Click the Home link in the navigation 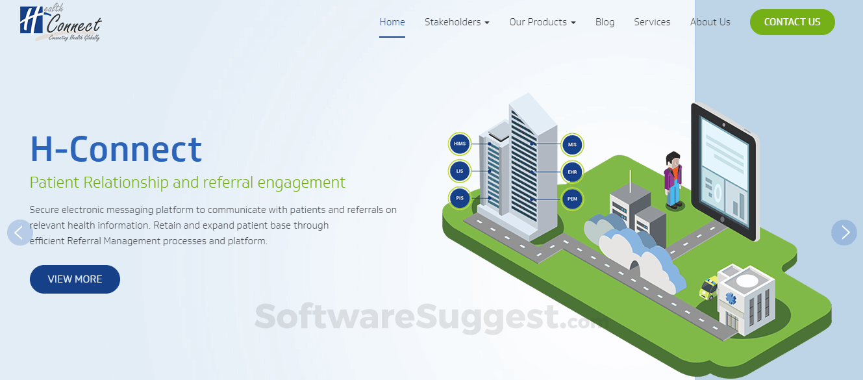pyautogui.click(x=392, y=22)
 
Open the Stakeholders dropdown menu pyautogui.click(x=457, y=22)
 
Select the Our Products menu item pyautogui.click(x=542, y=22)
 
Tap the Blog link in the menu pyautogui.click(x=605, y=22)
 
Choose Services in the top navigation pyautogui.click(x=652, y=22)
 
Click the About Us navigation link pyautogui.click(x=710, y=22)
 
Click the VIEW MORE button pyautogui.click(x=75, y=279)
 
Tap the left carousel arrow pyautogui.click(x=19, y=233)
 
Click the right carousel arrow pyautogui.click(x=844, y=233)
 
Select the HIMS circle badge pyautogui.click(x=460, y=144)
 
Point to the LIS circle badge pyautogui.click(x=460, y=171)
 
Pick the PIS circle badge pyautogui.click(x=460, y=199)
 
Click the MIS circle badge pyautogui.click(x=572, y=145)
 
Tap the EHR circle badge pyautogui.click(x=572, y=172)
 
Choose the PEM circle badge pyautogui.click(x=572, y=199)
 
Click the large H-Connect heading pyautogui.click(x=116, y=149)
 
